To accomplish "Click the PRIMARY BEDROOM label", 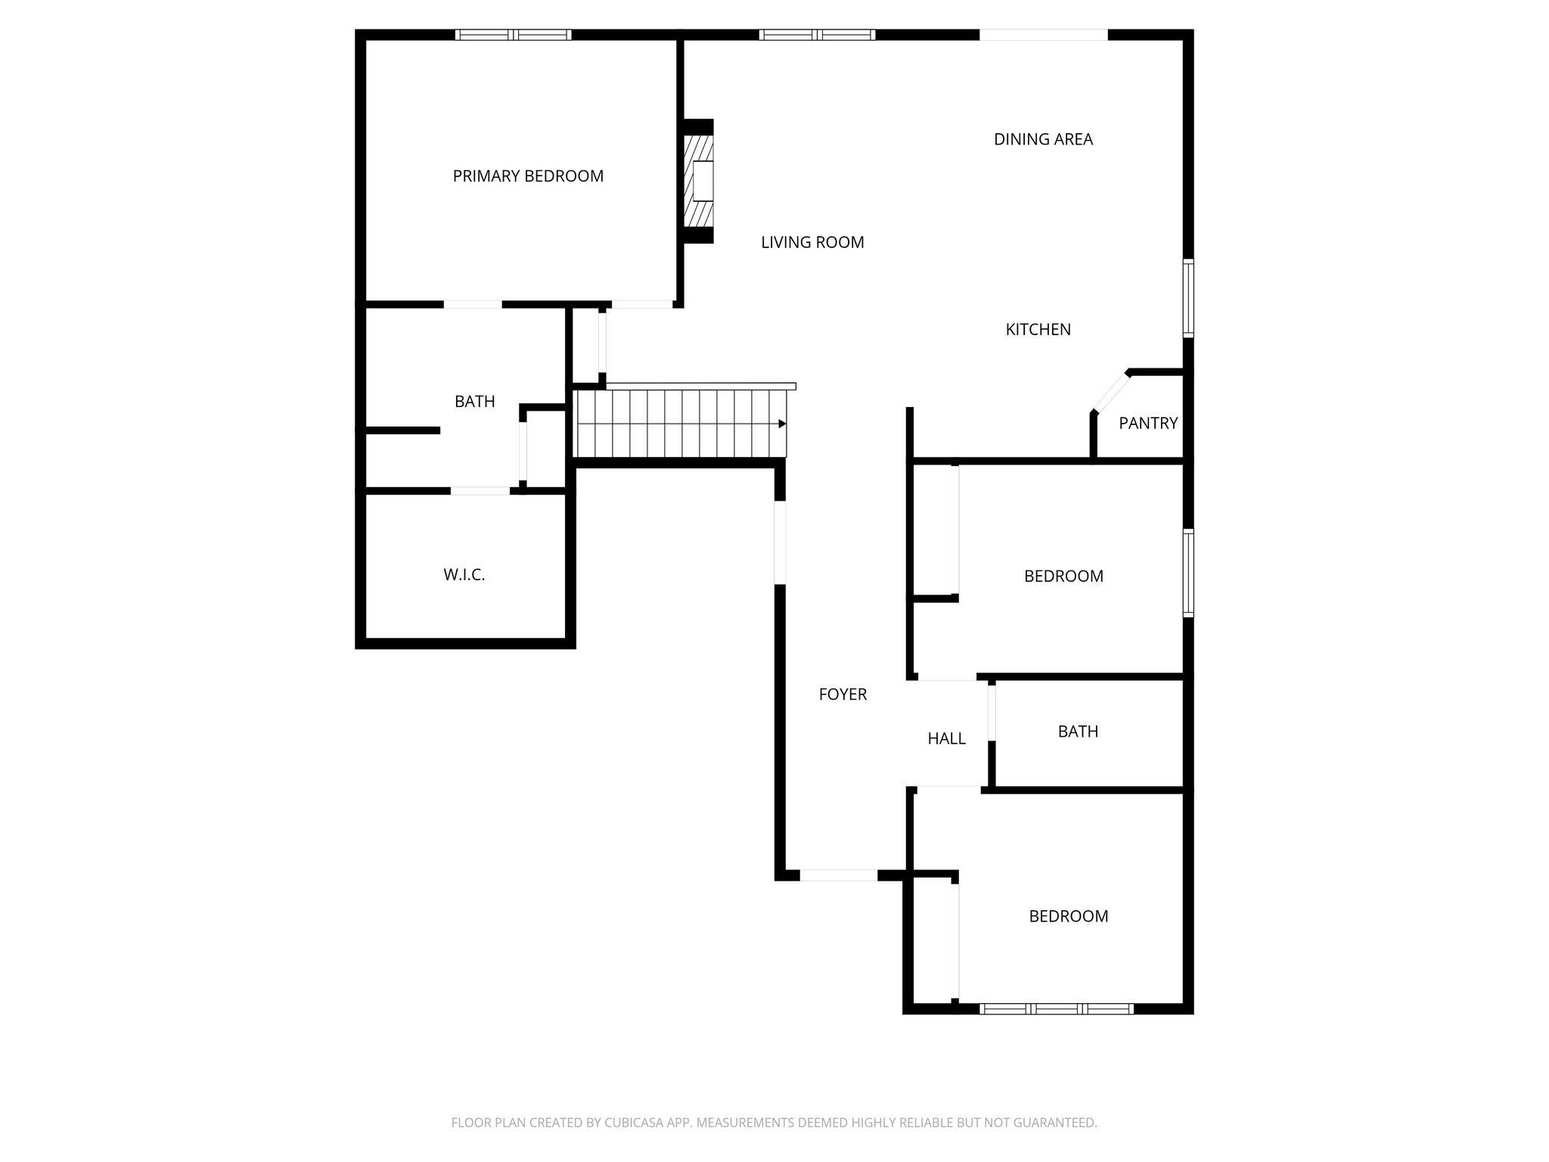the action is point(528,176).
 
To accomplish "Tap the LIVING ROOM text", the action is point(812,242).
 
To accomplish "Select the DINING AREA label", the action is point(1043,139).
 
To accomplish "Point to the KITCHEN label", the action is point(1038,329).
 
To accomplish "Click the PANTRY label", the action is point(1148,423).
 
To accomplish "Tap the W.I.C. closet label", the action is point(464,575).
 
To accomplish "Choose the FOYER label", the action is point(843,694).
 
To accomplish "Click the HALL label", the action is point(946,738).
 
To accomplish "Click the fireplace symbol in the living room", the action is point(698,181).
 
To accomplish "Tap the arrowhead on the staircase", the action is point(783,424).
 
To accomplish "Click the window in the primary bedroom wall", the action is point(514,34).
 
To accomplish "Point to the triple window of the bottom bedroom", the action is point(1057,1008).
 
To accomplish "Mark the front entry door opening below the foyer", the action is point(839,875).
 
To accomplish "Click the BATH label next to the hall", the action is point(1078,732).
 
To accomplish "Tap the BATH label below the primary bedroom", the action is point(474,402).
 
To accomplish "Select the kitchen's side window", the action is point(1188,298).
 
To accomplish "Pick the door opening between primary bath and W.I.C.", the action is point(480,491).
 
